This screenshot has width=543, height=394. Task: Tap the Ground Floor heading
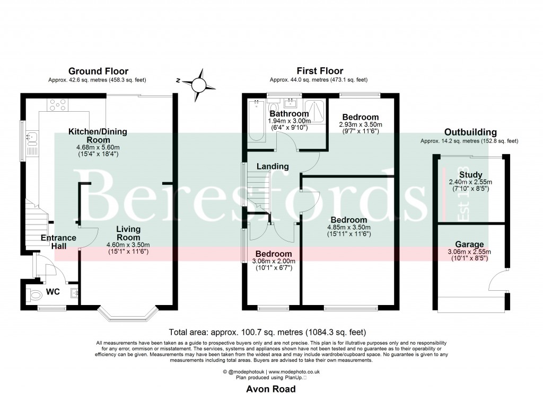click(x=98, y=71)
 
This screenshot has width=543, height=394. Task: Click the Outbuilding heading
click(x=470, y=132)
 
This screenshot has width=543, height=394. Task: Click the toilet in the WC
click(x=34, y=294)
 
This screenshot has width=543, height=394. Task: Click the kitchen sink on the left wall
click(x=31, y=139)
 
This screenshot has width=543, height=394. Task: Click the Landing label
click(x=273, y=166)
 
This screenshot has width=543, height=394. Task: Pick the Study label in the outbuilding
click(x=471, y=175)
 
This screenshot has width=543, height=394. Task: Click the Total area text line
click(x=267, y=333)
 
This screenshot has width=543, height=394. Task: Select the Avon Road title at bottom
click(x=271, y=389)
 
